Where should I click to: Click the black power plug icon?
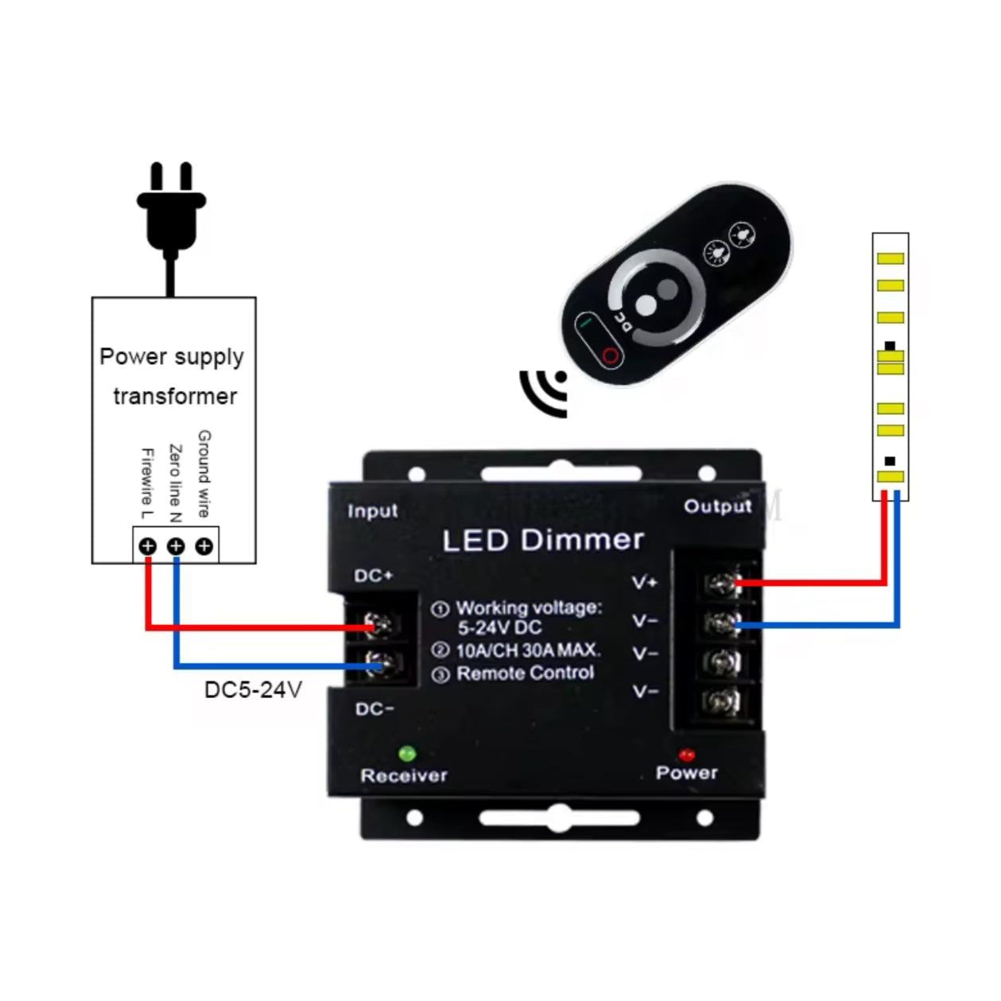tap(171, 211)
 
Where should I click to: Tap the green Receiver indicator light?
tap(407, 753)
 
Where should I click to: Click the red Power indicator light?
tap(686, 754)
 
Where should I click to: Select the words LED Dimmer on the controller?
tap(543, 541)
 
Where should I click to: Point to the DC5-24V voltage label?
tap(253, 689)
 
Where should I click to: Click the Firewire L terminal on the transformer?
tap(148, 546)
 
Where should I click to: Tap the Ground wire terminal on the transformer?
tap(204, 546)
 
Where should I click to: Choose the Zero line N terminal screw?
tap(176, 546)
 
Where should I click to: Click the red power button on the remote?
tap(610, 355)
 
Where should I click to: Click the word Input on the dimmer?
tap(372, 511)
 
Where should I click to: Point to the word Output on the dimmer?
tap(717, 506)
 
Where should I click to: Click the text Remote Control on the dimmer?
tap(525, 673)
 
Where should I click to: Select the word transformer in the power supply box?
tap(175, 396)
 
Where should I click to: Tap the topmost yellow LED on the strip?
tap(890, 258)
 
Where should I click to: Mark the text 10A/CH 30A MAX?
tap(528, 650)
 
